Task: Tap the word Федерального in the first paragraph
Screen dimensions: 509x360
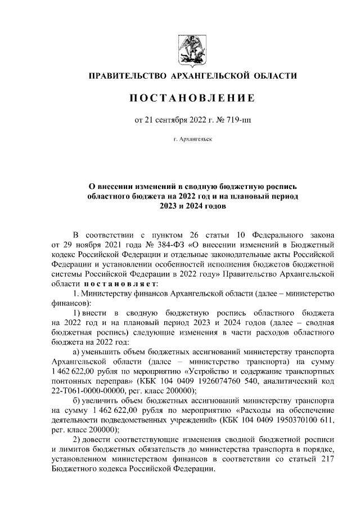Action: pyautogui.click(x=251, y=234)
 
